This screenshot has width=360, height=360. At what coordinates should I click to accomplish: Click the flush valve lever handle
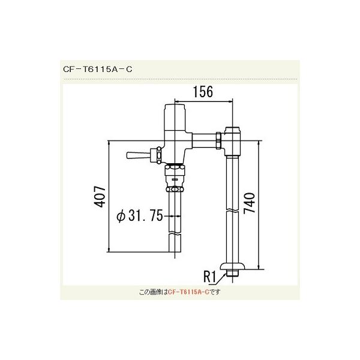click(137, 156)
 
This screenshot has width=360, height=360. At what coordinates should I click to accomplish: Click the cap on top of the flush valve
click(175, 110)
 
